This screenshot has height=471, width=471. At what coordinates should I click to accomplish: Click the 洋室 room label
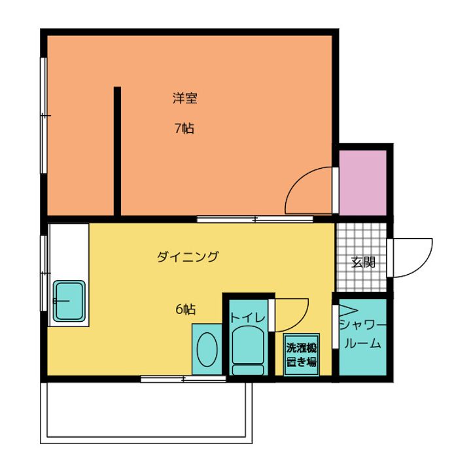(x=185, y=99)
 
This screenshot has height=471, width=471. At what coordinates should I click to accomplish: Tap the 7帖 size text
(x=184, y=128)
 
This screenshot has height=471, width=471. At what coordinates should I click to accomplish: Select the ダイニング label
(x=187, y=257)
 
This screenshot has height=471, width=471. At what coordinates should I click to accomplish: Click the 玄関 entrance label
(x=363, y=263)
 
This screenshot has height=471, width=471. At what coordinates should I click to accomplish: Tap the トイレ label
(x=248, y=317)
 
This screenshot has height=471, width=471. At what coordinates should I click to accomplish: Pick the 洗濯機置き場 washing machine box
(x=301, y=355)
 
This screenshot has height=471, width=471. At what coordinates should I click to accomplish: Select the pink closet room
(x=363, y=182)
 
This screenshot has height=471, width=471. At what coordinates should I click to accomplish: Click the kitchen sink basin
(x=69, y=300)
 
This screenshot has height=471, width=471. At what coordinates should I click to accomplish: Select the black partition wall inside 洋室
(x=117, y=150)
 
